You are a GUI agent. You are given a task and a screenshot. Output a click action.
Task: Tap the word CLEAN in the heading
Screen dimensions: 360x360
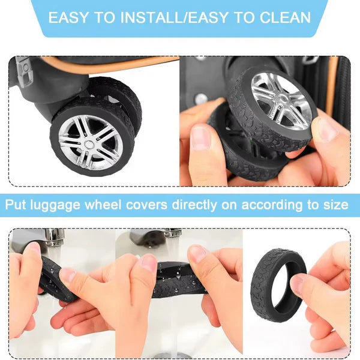(281, 17)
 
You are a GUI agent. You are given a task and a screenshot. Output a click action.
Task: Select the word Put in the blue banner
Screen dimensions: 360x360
(19, 205)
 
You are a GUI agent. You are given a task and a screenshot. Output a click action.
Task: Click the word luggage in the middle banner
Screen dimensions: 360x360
(62, 205)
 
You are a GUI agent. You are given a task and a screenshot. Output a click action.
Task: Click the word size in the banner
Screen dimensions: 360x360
(335, 205)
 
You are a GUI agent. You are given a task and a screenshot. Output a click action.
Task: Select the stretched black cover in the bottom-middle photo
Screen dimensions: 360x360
(174, 282)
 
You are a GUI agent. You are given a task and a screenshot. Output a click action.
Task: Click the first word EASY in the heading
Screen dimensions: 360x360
(70, 17)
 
